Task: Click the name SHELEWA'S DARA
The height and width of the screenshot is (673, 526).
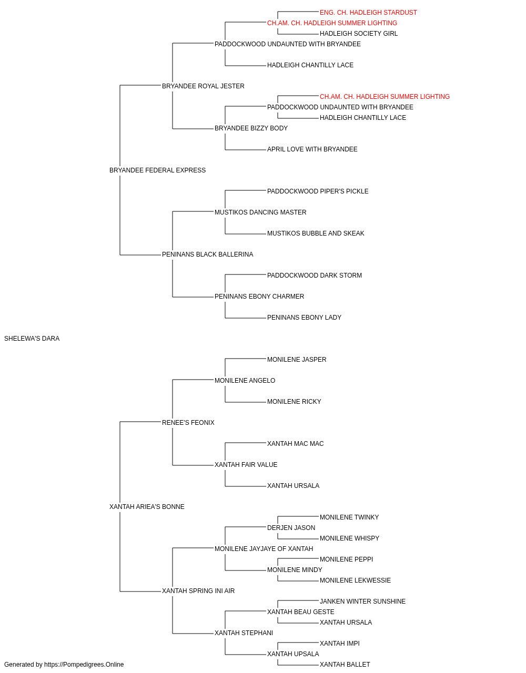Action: click(x=32, y=339)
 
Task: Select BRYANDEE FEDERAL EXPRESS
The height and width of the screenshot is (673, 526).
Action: click(x=157, y=170)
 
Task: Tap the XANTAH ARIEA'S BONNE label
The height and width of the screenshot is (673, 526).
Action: click(x=147, y=507)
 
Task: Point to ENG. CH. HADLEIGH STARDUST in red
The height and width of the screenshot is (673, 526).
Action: click(x=368, y=13)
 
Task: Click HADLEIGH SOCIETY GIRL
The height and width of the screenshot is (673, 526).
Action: click(x=359, y=34)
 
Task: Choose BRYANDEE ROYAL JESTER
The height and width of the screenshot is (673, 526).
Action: click(x=203, y=86)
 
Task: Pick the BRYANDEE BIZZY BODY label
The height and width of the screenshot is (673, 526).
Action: click(x=251, y=128)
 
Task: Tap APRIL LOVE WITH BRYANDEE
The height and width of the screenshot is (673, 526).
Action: click(x=312, y=149)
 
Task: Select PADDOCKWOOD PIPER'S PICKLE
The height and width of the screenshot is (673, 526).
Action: click(x=318, y=191)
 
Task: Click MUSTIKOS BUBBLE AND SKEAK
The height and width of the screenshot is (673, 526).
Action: click(x=316, y=233)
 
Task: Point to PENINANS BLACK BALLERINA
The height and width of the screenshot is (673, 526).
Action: click(x=208, y=254)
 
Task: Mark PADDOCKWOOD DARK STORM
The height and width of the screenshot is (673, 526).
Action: click(x=315, y=276)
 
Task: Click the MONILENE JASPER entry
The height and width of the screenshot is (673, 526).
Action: click(x=297, y=360)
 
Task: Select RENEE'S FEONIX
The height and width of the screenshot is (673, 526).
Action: click(x=188, y=423)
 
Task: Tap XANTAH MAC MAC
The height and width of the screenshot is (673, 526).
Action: click(x=296, y=444)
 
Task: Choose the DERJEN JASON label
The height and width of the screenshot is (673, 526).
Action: click(x=291, y=528)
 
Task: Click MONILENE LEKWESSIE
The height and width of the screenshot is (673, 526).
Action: click(x=356, y=580)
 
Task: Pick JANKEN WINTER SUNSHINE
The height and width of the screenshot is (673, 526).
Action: click(x=363, y=601)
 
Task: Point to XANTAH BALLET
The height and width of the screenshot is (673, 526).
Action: click(x=345, y=665)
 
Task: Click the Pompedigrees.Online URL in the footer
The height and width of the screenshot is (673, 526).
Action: click(x=84, y=665)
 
